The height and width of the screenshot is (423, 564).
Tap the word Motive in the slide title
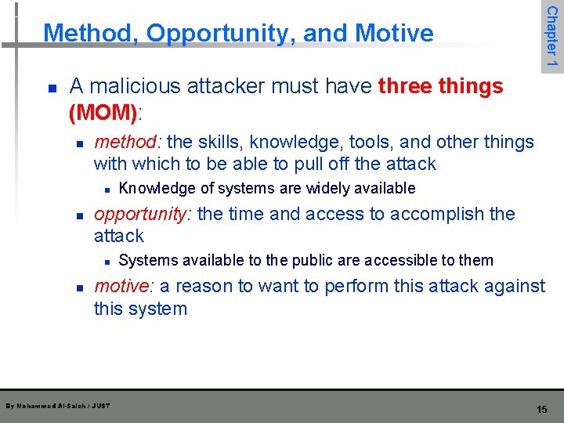coord(394,34)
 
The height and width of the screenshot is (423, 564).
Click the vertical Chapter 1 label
coord(551,36)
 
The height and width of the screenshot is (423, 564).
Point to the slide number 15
coord(541,410)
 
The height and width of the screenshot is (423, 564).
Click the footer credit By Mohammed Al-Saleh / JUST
coord(57,406)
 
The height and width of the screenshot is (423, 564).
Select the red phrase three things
coord(440,86)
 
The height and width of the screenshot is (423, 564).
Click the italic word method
coord(125,142)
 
